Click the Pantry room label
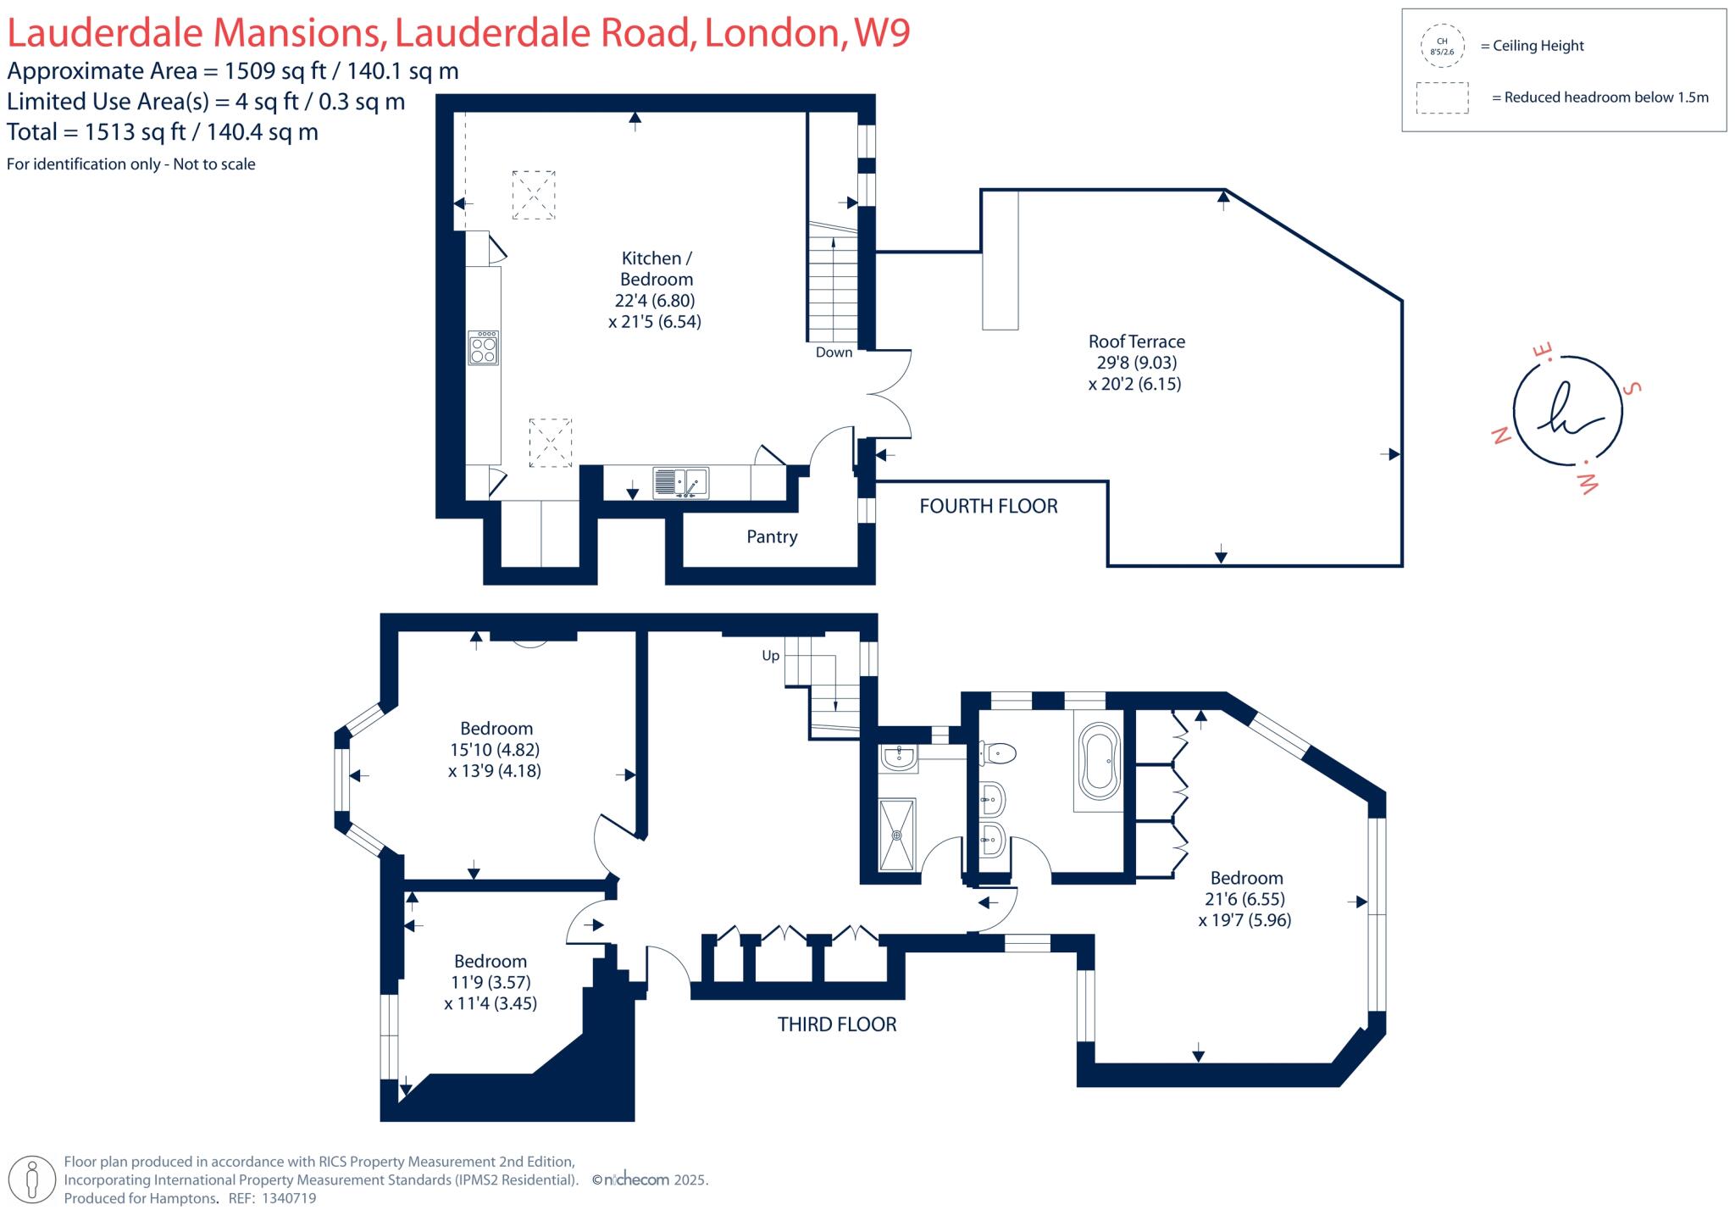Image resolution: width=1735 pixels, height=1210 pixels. click(x=772, y=536)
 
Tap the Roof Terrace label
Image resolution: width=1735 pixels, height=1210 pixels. click(x=1136, y=341)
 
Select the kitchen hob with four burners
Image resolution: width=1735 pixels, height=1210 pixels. click(x=484, y=348)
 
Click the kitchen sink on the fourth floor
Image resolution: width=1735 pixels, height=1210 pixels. click(x=680, y=483)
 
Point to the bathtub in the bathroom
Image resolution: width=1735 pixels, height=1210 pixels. click(x=1099, y=761)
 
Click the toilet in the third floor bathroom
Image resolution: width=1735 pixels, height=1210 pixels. click(x=998, y=752)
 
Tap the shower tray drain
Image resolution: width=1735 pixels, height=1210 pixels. click(x=897, y=835)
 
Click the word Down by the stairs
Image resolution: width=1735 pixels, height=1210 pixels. click(x=834, y=352)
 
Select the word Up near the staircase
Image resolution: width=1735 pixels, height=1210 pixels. click(x=770, y=656)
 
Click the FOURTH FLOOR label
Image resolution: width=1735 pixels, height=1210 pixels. click(x=989, y=507)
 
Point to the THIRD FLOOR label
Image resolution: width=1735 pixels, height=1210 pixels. click(x=837, y=1024)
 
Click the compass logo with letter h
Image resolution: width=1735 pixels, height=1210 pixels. click(x=1567, y=411)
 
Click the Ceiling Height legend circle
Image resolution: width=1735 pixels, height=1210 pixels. click(x=1442, y=46)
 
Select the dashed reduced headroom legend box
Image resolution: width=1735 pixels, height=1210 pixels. click(x=1442, y=97)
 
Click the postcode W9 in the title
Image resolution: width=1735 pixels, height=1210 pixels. click(x=882, y=32)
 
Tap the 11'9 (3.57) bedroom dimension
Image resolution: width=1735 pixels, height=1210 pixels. click(x=491, y=983)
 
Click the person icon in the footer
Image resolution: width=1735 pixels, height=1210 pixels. click(x=33, y=1179)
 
